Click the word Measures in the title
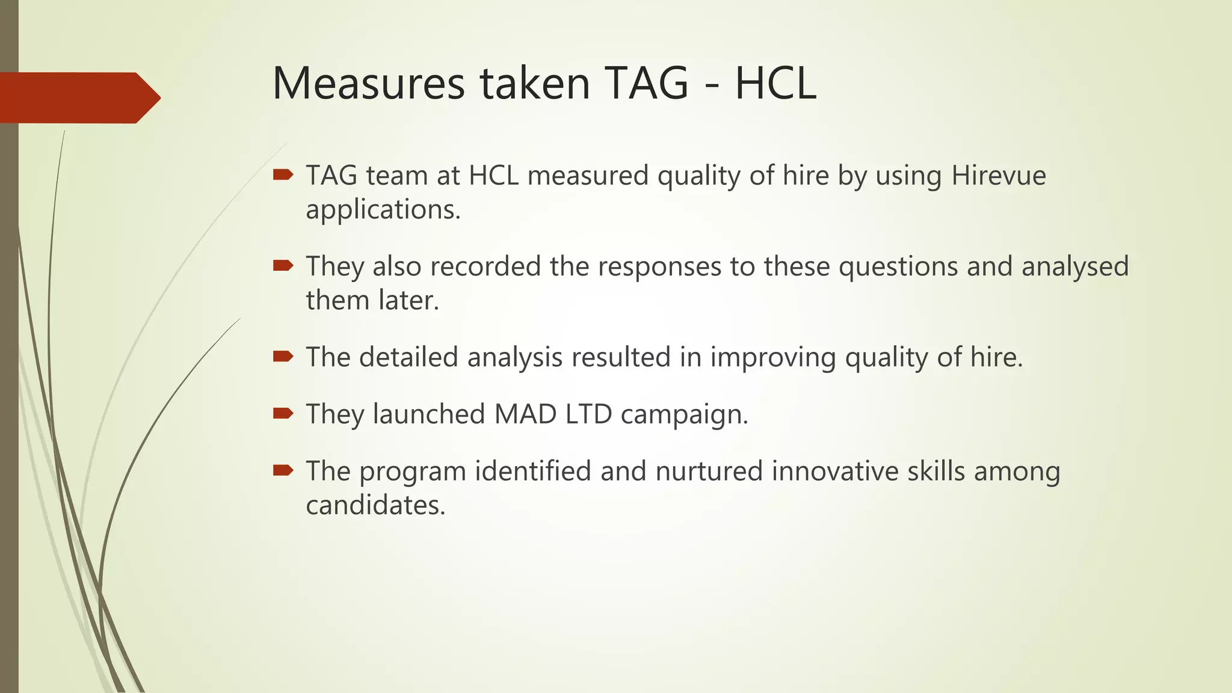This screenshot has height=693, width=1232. tap(368, 83)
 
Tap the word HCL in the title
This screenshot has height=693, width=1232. tap(775, 83)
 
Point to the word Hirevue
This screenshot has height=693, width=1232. tap(999, 176)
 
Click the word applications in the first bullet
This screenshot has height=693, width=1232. tap(383, 210)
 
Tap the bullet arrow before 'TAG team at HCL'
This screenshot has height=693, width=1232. tap(283, 175)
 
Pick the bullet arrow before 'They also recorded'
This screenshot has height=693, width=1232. tap(283, 266)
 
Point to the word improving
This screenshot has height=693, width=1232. tap(773, 358)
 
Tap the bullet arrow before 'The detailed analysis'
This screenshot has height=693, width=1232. tap(283, 357)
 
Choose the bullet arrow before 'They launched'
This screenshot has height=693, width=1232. tap(283, 413)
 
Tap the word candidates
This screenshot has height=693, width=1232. tap(375, 505)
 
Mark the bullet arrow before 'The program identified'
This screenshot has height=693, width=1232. tap(283, 470)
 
